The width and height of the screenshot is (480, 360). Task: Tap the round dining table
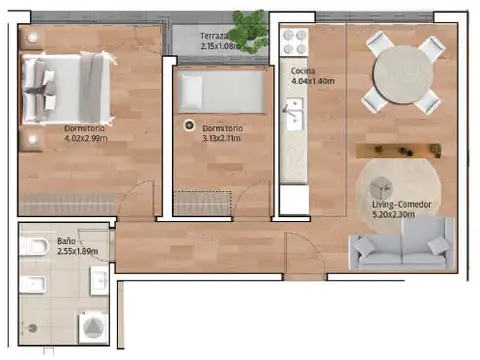click(x=404, y=72)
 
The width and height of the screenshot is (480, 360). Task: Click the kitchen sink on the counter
click(x=291, y=115)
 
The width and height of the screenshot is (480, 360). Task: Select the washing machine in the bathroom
click(x=92, y=326)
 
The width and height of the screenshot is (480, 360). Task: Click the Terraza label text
click(x=216, y=35)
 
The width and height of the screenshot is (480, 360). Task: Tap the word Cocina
click(x=304, y=72)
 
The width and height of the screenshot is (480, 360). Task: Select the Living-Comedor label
click(x=400, y=205)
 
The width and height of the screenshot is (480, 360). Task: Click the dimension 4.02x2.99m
click(x=85, y=139)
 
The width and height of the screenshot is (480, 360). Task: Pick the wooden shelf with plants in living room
click(x=399, y=150)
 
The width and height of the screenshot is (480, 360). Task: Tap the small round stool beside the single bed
click(x=188, y=126)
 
